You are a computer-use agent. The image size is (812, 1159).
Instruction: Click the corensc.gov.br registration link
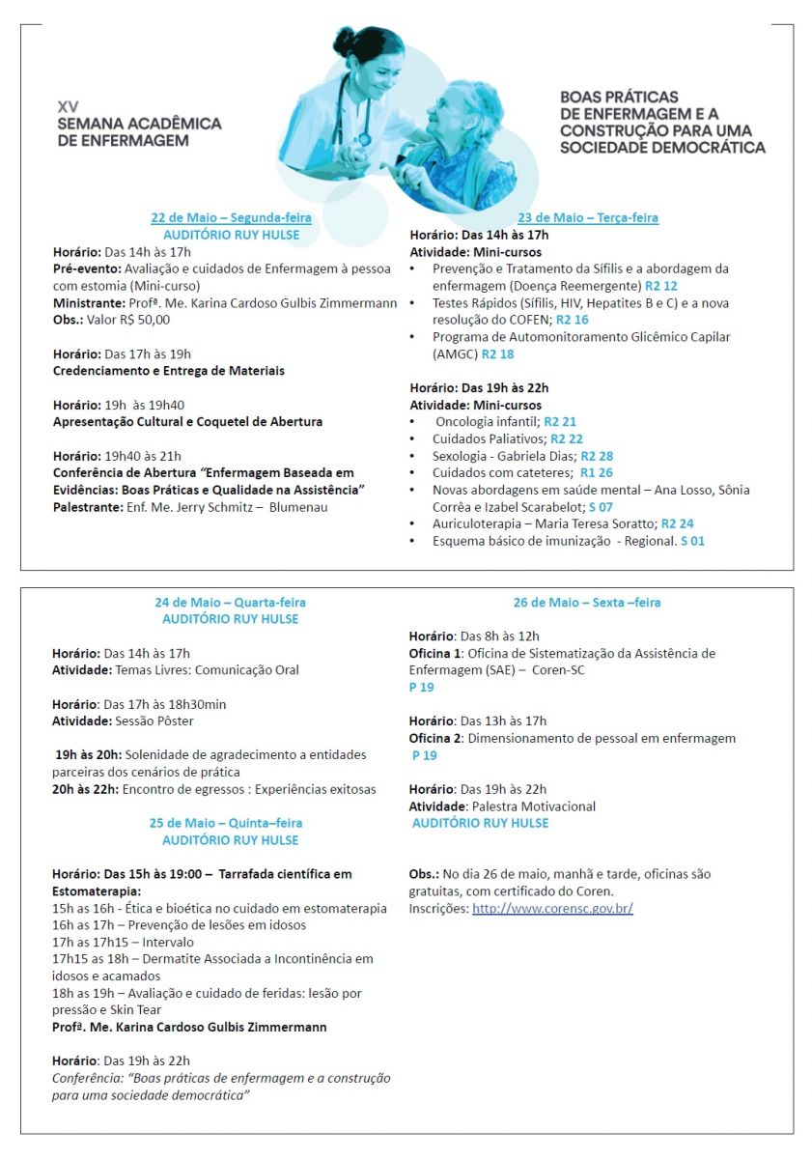pos(552,909)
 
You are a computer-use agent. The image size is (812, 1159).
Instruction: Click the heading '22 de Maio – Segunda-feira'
pos(231,217)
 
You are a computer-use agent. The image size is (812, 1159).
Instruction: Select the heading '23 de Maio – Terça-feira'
pos(587,218)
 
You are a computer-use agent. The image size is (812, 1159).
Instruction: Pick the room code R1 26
pos(596,473)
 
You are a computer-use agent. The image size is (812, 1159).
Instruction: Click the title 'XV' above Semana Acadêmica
pos(68,105)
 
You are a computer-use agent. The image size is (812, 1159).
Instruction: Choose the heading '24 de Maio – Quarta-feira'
pos(230,603)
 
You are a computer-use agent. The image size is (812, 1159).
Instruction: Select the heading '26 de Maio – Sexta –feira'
pos(587,603)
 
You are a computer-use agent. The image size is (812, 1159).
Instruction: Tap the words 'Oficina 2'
pos(434,738)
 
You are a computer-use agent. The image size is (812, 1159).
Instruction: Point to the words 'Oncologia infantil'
pos(486,422)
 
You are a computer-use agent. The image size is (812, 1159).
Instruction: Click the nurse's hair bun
pos(344,41)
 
